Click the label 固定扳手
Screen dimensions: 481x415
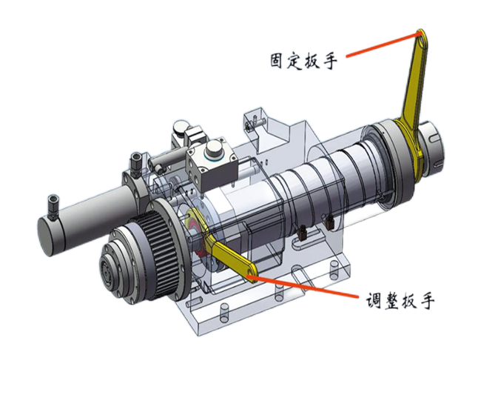[303, 61]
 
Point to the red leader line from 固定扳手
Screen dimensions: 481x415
[383, 45]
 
